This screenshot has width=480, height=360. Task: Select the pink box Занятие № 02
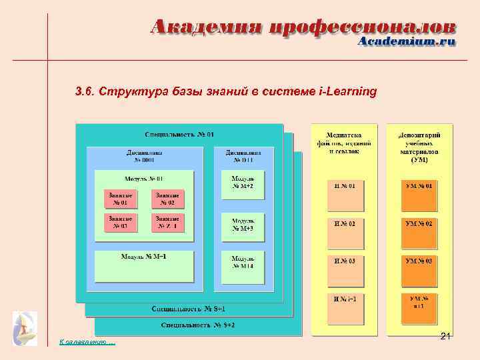tap(167, 199)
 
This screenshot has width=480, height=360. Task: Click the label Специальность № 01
tap(179, 135)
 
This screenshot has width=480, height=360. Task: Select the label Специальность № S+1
tap(189, 309)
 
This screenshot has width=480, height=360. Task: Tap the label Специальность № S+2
tap(198, 325)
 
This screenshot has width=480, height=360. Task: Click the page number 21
tap(446, 338)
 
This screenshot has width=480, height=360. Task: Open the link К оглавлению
tap(87, 343)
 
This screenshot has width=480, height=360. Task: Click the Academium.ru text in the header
tap(407, 41)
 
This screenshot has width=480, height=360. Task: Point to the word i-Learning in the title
tap(349, 91)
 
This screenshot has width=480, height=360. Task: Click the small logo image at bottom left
tap(25, 329)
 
